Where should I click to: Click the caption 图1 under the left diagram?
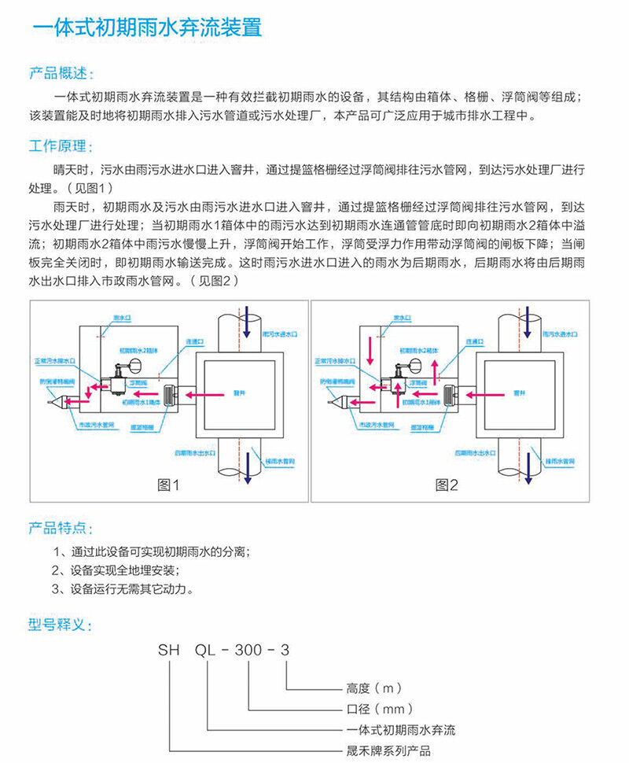[x=169, y=485]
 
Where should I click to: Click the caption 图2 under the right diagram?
[x=447, y=485]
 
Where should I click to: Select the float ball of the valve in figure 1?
[x=134, y=365]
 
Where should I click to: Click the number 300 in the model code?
[x=250, y=651]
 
